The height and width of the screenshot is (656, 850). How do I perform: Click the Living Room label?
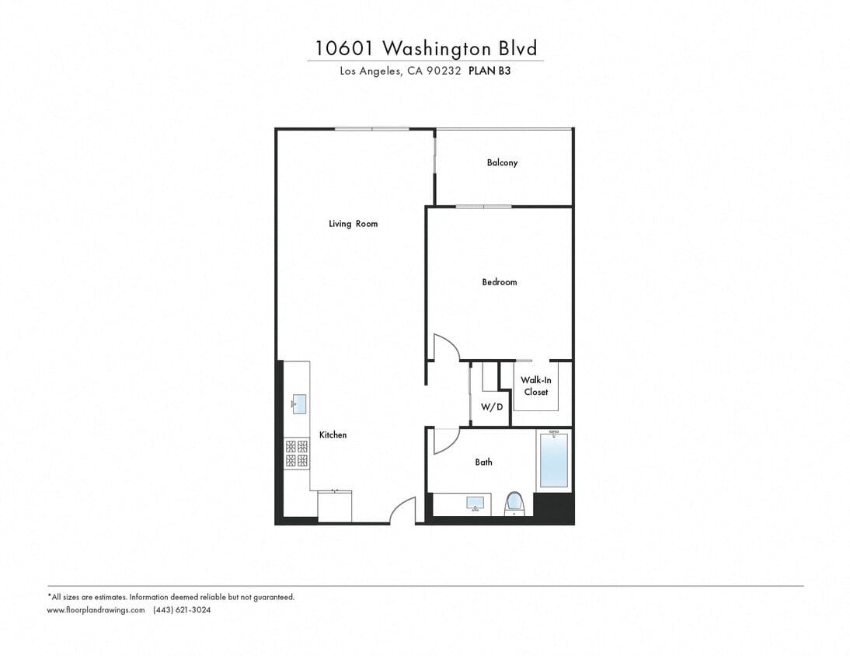coord(353,224)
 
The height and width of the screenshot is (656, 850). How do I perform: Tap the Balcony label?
coord(502,162)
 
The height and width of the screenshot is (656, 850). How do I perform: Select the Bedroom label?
coord(499,282)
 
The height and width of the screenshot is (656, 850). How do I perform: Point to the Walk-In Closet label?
coord(535,386)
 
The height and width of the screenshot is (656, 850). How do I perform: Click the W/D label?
coord(491,407)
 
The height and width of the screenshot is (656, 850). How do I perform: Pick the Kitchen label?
coord(333,435)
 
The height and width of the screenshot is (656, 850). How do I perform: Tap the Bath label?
coord(483,462)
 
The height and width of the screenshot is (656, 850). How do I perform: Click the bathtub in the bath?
coord(553,460)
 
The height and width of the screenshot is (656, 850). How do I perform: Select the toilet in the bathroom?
coord(514,503)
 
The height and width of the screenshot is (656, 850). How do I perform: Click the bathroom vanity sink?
coord(476,504)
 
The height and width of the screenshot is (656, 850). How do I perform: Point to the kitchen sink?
coord(299,403)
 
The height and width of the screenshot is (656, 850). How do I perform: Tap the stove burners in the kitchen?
coord(296,453)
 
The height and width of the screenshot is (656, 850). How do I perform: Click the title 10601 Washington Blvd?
coord(426,48)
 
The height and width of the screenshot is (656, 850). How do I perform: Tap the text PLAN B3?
coord(489,70)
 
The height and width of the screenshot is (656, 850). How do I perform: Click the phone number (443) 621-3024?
coord(182,610)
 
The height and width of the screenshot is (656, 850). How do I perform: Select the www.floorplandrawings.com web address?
coord(96,610)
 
